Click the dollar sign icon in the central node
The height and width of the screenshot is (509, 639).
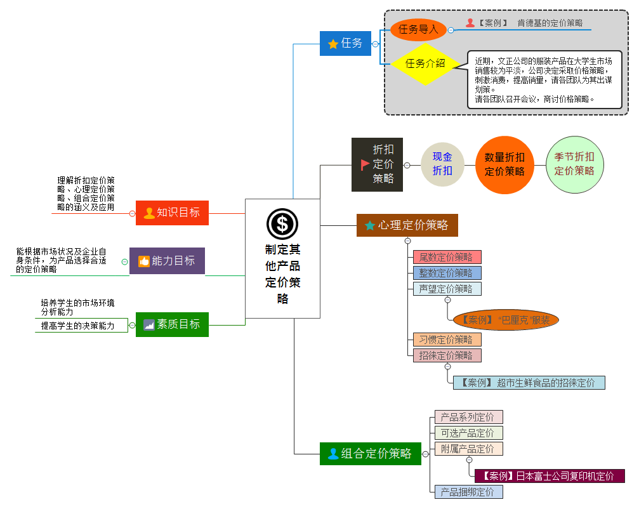coord(282,224)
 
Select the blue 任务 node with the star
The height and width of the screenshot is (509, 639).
coord(345,43)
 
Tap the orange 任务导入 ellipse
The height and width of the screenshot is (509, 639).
coord(418,29)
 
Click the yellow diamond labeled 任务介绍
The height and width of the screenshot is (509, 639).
coord(425,63)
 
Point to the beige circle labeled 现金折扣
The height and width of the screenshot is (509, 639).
coord(442,164)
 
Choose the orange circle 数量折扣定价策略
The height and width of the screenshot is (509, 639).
coord(504,164)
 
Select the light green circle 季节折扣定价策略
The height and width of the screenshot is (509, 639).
coord(574,164)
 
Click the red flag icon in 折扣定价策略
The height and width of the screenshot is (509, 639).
coord(365,164)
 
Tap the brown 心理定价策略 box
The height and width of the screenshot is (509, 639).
coord(407,225)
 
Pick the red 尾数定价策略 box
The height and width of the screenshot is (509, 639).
coord(446,257)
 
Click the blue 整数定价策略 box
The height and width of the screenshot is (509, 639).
coord(446,273)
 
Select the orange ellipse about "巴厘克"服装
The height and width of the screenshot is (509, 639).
coord(506,321)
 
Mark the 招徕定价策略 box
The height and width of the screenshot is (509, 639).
coord(446,355)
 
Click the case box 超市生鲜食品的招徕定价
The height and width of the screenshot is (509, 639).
coord(529,383)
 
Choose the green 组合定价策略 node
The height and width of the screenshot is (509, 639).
coord(370,454)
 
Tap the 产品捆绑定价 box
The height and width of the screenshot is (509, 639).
coord(468,492)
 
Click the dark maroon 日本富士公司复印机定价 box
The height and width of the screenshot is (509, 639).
coord(550,476)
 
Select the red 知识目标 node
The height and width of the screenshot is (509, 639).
coord(172,213)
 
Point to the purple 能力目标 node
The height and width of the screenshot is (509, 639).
coord(167,261)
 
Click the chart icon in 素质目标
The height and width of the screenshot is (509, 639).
coord(149,324)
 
